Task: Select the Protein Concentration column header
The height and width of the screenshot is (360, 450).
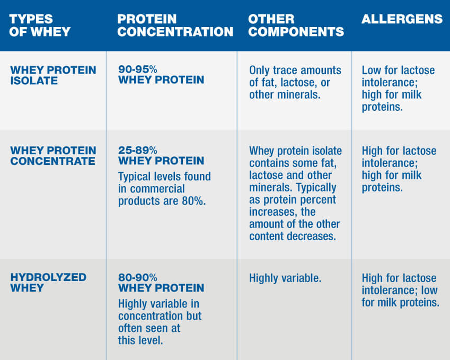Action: [175, 25]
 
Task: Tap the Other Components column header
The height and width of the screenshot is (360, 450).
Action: [296, 25]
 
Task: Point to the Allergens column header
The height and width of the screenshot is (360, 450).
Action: [402, 20]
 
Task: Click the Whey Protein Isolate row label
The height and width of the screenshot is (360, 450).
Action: [53, 75]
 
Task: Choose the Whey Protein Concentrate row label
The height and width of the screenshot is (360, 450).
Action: [53, 156]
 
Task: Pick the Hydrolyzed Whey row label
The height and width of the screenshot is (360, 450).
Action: [48, 283]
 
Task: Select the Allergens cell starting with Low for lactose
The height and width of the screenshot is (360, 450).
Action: [398, 89]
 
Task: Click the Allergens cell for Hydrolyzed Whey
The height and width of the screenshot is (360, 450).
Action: [400, 291]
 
